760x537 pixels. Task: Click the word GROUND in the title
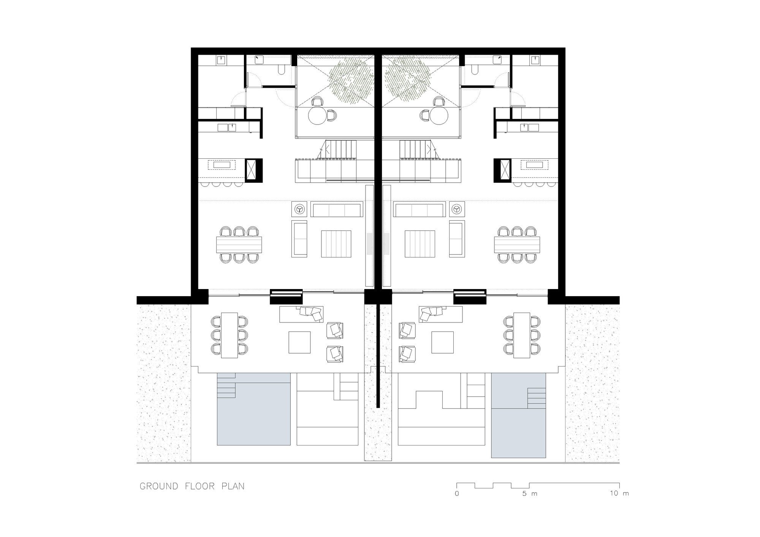coord(159,486)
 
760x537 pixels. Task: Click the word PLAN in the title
coord(233,486)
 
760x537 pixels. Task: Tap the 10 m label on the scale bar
coord(619,494)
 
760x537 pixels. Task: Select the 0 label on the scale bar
coord(457,494)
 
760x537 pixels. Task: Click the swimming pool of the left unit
coord(254,409)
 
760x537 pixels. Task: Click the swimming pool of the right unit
coord(518,415)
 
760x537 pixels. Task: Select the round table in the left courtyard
coord(318,115)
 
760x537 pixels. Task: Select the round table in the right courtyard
coord(439,115)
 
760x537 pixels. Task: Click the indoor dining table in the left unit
coord(239,245)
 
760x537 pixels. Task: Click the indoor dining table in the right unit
coord(517,245)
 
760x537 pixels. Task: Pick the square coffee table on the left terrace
coord(300,343)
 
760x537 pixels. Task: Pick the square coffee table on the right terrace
coord(442,343)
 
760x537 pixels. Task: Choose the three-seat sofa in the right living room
coord(420,209)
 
